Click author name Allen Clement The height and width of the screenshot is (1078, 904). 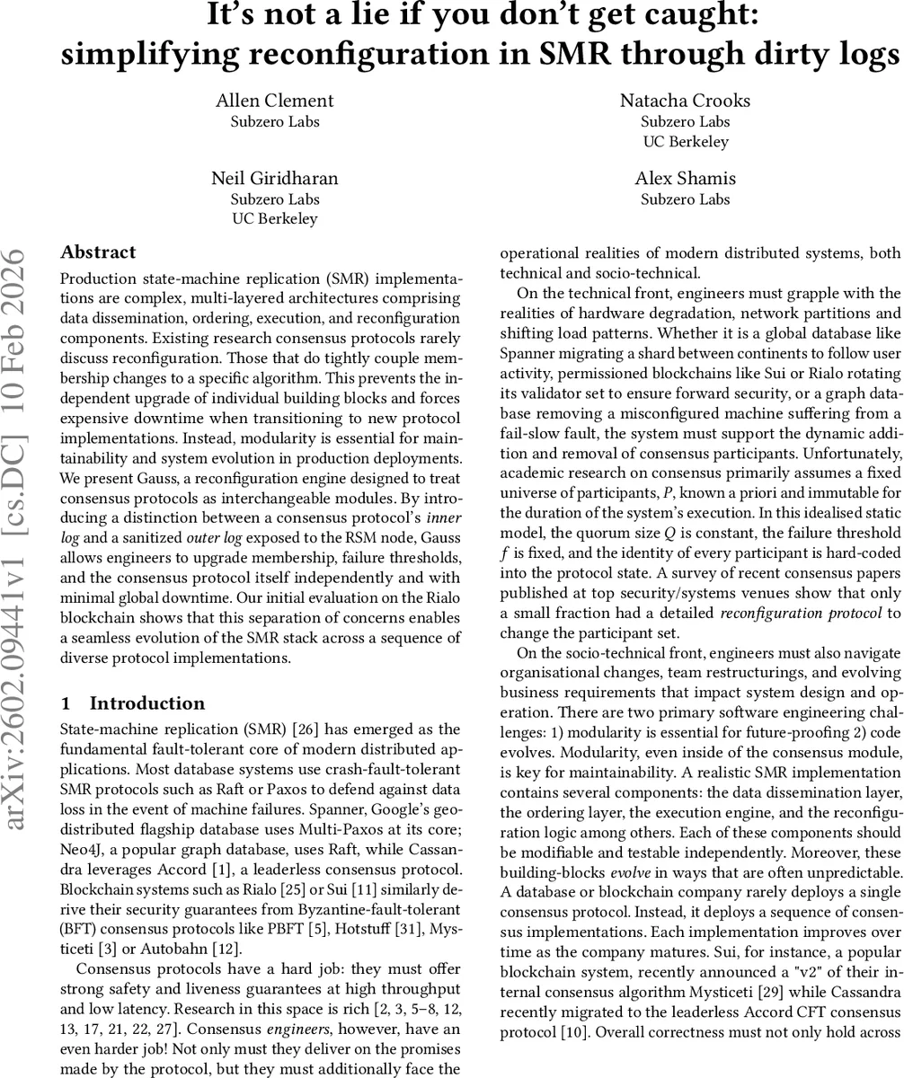[275, 101]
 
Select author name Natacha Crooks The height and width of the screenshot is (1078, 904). [685, 101]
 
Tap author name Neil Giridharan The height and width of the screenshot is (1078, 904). [274, 178]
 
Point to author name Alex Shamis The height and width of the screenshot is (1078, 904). [685, 178]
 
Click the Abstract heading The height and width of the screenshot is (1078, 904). [98, 252]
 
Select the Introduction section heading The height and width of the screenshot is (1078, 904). [146, 703]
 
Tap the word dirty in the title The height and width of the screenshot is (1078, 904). [754, 55]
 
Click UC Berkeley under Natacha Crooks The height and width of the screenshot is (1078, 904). [685, 141]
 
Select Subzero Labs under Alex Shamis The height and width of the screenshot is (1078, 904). [685, 199]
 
